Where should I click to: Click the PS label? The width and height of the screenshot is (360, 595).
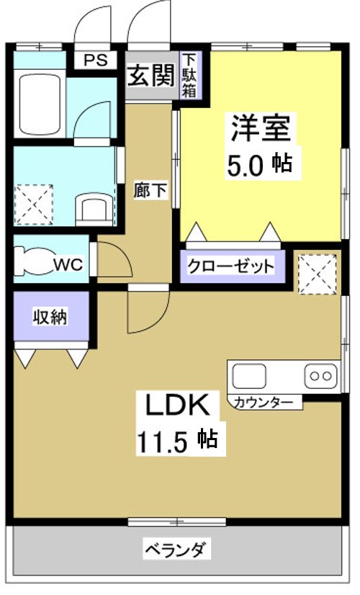94,61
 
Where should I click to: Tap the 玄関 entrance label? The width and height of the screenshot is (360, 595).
150,73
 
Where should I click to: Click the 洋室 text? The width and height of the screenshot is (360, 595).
260,127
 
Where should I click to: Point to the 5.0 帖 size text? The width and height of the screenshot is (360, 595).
260,164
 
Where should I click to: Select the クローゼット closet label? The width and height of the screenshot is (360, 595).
230,267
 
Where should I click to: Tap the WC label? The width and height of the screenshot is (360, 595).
70,264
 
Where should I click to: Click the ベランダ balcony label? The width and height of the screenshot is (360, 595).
176,551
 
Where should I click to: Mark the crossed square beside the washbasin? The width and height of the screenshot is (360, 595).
35,203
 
